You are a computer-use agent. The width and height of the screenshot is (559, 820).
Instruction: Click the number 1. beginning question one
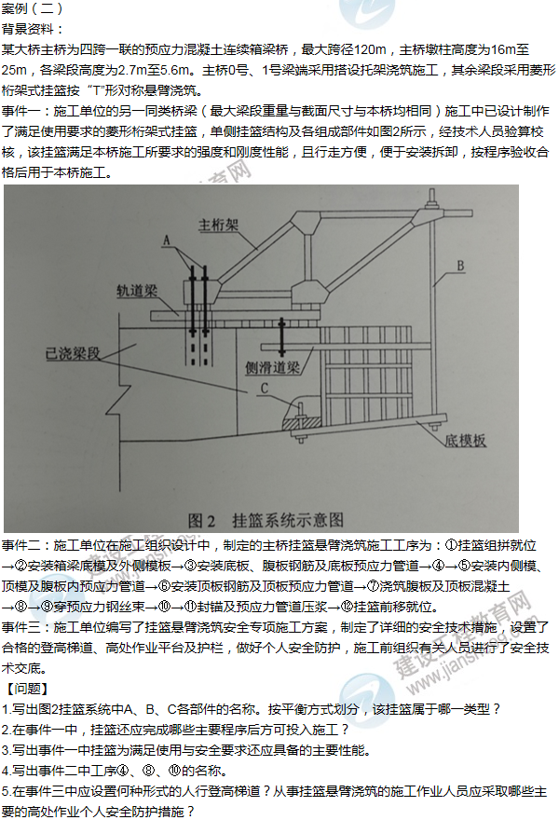click(6, 710)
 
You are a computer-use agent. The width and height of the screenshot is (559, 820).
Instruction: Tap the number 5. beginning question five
click(6, 792)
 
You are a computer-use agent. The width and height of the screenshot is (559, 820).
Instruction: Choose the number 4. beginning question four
click(6, 772)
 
